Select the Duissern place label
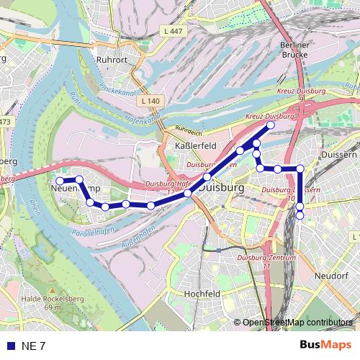[x=340, y=154]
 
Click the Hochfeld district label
[x=202, y=294]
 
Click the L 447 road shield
[x=174, y=32]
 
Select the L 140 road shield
[x=150, y=101]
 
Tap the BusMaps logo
[x=325, y=345]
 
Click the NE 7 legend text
[x=33, y=346]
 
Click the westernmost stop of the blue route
[x=60, y=180]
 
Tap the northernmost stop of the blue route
[x=271, y=125]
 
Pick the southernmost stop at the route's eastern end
[x=300, y=215]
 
